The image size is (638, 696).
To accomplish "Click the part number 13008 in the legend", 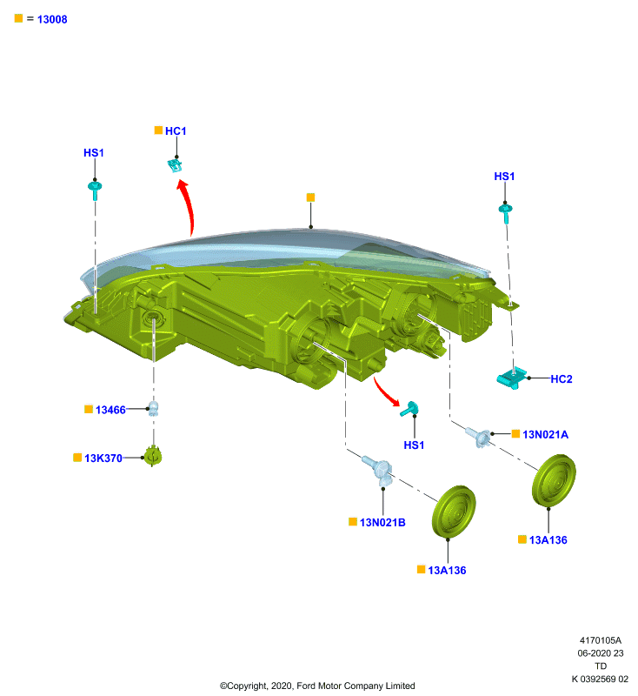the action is [x=52, y=19].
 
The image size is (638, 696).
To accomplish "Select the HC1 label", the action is [x=176, y=131].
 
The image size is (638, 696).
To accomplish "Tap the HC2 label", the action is [x=562, y=379].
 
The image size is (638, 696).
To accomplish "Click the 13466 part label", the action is [x=110, y=410].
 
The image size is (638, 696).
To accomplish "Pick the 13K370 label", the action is [x=103, y=458].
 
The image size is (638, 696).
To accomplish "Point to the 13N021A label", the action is [x=545, y=434].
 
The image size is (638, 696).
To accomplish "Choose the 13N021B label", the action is [x=382, y=523].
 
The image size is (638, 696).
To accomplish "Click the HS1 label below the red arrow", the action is [x=414, y=445].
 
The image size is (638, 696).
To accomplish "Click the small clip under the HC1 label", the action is [x=175, y=165].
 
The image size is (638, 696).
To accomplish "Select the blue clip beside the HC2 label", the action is [x=512, y=378].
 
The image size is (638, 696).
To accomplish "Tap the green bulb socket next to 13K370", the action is [x=153, y=456].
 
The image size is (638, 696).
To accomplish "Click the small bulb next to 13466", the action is [x=153, y=408].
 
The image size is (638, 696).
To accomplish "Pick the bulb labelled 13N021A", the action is [x=479, y=437].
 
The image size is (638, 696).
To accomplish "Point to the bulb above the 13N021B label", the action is [x=378, y=468].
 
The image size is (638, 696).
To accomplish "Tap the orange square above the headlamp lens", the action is [x=311, y=197].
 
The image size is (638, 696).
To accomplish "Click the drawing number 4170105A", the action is [x=601, y=640].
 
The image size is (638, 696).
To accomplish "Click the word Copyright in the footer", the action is [x=244, y=686].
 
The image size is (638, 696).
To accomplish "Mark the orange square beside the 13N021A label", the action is [x=515, y=433].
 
